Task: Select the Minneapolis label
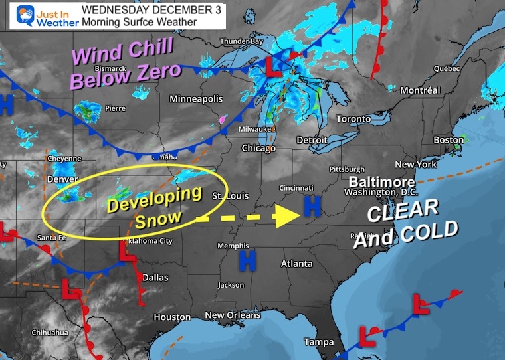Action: pos(196,99)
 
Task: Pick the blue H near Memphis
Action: pos(248,260)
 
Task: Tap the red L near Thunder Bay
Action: pos(273,64)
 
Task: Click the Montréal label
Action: pos(420,90)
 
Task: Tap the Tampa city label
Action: pos(319,342)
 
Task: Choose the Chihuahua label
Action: pos(50,332)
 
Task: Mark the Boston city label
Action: pos(449,140)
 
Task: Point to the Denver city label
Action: pos(63,179)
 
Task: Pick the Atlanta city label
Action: pos(296,264)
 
